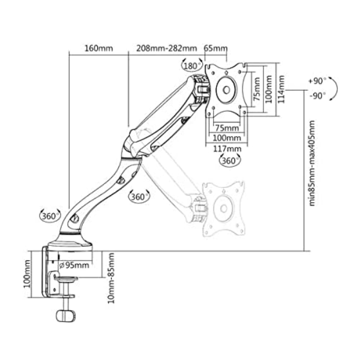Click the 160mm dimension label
(99, 49)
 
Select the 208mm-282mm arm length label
(167, 49)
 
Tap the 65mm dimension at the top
(216, 49)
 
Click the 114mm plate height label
(281, 89)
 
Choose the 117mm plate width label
(227, 149)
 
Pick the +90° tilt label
(317, 81)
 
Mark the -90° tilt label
(318, 96)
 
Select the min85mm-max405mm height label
(312, 163)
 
